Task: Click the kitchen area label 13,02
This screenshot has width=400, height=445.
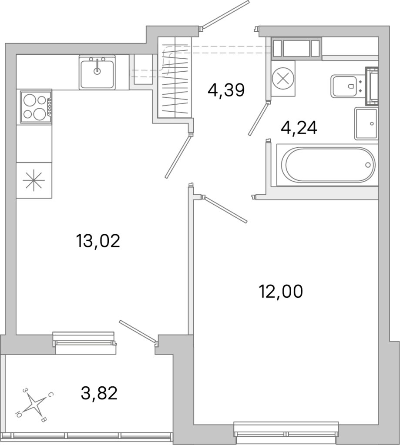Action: tap(98, 241)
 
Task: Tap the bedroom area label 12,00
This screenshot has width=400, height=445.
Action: tap(281, 291)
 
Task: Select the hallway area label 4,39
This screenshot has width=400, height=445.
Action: tap(226, 90)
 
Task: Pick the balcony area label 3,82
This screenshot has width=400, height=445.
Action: tap(99, 393)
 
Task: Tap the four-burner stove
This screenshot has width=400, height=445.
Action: tap(36, 107)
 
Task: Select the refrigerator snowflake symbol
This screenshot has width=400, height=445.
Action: tap(34, 180)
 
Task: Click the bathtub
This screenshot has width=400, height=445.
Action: tap(327, 165)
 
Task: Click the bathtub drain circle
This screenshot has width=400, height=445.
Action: tap(368, 165)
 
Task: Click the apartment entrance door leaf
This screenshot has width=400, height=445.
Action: tap(225, 14)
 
